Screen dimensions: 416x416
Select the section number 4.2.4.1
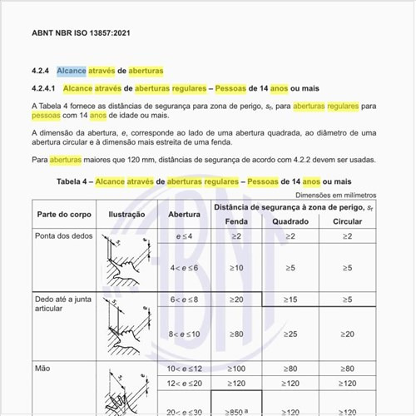pos(42,87)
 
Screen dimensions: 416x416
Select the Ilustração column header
pos(126,214)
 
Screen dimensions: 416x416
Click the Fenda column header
pos(236,222)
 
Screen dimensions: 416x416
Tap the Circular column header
pos(347,222)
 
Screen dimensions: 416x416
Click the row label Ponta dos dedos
pos(62,236)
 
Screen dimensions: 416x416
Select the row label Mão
pos(42,367)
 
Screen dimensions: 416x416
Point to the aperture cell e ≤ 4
pos(184,237)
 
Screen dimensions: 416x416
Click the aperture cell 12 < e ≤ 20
pos(184,383)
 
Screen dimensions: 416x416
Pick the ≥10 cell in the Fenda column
pos(236,268)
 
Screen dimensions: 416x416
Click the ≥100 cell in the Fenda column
pos(236,368)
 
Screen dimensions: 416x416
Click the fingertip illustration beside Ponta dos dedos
pos(126,260)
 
